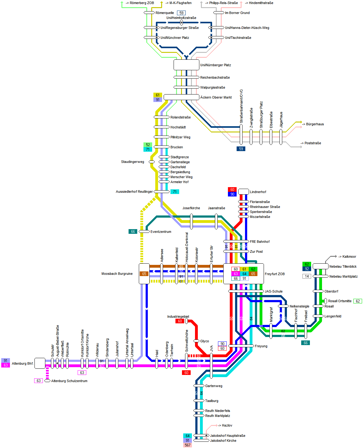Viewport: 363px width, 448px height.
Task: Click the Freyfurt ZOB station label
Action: click(275, 274)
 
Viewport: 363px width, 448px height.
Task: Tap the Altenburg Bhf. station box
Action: click(40, 363)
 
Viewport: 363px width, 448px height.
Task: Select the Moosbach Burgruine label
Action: click(117, 274)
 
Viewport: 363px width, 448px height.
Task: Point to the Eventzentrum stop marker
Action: click(144, 232)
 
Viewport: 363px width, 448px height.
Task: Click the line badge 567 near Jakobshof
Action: click(188, 445)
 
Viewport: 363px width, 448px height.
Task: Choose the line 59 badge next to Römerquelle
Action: click(181, 13)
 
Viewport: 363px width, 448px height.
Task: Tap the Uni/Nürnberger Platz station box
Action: click(186, 65)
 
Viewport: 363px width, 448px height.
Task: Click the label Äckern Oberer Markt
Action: click(216, 97)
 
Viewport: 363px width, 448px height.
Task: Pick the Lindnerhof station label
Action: click(258, 192)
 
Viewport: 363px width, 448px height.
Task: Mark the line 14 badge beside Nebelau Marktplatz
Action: click(307, 276)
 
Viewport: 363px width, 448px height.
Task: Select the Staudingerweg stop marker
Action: click(152, 162)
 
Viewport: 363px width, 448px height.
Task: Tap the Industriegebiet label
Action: click(178, 316)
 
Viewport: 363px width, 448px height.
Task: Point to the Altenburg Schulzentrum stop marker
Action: click(47, 381)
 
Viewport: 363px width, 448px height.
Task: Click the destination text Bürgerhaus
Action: click(315, 124)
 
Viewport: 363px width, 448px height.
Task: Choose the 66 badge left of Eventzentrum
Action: click(133, 232)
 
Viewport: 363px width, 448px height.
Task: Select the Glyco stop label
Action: click(204, 341)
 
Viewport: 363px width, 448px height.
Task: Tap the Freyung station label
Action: click(261, 346)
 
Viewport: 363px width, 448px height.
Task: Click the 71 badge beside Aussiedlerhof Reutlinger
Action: click(175, 192)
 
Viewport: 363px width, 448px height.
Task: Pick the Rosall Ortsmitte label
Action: click(340, 301)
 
